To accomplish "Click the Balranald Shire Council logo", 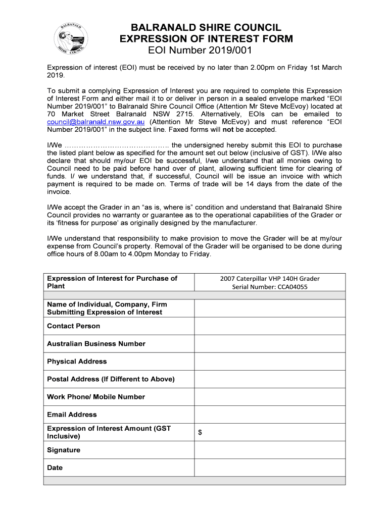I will pyautogui.click(x=73, y=39).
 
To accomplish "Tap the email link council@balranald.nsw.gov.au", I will pyautogui.click(x=96, y=122).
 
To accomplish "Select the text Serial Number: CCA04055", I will pyautogui.click(x=270, y=287).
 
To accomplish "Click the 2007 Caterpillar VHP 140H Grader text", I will pyautogui.click(x=270, y=278).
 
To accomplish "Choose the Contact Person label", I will pyautogui.click(x=74, y=326).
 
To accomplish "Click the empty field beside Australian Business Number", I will pyautogui.click(x=270, y=344).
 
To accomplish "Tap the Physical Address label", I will pyautogui.click(x=77, y=361).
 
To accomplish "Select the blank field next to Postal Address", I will pyautogui.click(x=270, y=379).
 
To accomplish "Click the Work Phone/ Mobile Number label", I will pyautogui.click(x=96, y=397).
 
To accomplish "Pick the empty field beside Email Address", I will pyautogui.click(x=270, y=415).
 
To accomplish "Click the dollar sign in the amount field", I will pyautogui.click(x=200, y=433).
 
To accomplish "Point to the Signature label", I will pyautogui.click(x=64, y=450).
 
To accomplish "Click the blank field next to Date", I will pyautogui.click(x=270, y=468).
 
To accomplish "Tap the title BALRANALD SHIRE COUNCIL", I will pyautogui.click(x=206, y=27).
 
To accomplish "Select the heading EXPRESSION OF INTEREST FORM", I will pyautogui.click(x=206, y=39).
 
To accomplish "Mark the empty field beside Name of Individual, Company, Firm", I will pyautogui.click(x=270, y=308).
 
